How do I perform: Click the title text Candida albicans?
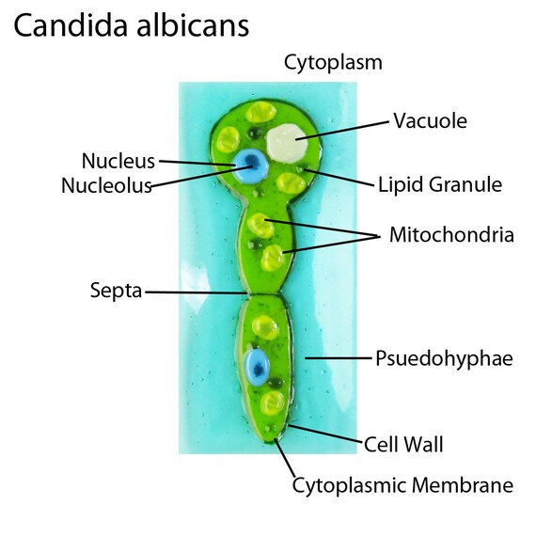132,26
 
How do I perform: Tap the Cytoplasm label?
333,63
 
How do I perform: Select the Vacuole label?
430,120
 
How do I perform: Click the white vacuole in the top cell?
287,143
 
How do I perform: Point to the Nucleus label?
118,161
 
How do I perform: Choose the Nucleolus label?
106,185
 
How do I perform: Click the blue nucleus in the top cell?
250,166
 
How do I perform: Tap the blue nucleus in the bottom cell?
257,368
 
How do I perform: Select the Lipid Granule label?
440,185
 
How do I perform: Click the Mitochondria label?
451,235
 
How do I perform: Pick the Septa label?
116,291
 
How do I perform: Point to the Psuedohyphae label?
444,358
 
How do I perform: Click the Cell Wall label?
403,445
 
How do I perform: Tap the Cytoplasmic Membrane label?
402,485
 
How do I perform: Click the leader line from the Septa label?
196,292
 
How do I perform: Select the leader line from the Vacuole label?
342,131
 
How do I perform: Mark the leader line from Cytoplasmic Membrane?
285,458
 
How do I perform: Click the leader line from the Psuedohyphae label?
339,358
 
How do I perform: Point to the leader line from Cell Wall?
325,434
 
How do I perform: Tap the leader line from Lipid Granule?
339,178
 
